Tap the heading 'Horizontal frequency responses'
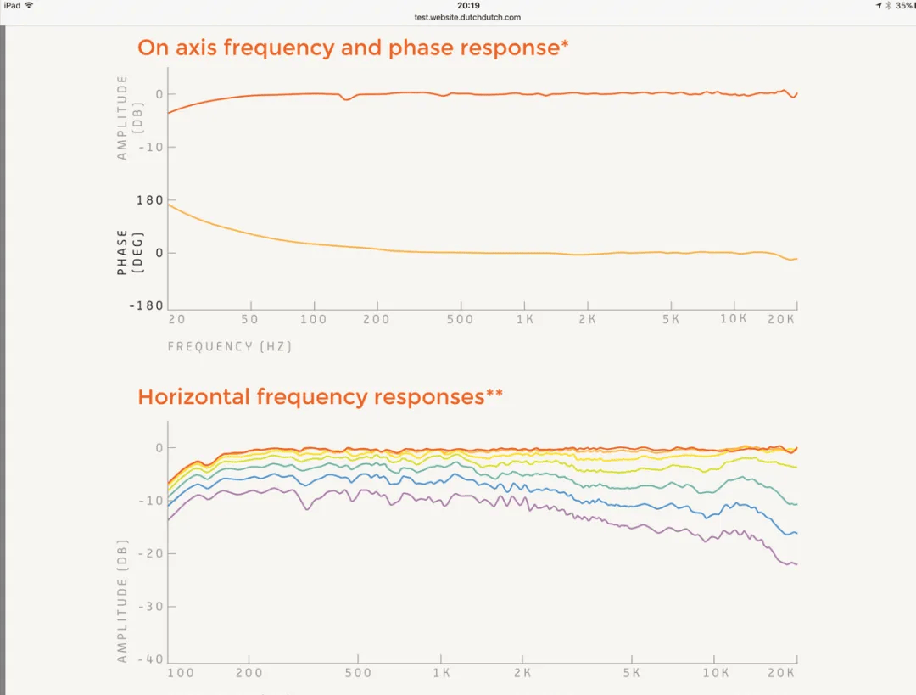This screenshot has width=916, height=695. click(310, 397)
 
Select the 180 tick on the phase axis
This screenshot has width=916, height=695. click(150, 200)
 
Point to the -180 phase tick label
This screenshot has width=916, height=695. click(147, 305)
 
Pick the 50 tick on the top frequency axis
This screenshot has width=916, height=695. click(250, 320)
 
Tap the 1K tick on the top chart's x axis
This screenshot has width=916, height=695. click(524, 320)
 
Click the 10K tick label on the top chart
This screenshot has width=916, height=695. click(734, 320)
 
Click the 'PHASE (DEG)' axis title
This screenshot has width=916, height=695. click(128, 252)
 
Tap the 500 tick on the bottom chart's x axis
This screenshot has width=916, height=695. click(359, 673)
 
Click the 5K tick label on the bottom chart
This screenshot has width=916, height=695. click(631, 673)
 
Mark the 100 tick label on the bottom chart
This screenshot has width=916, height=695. click(181, 673)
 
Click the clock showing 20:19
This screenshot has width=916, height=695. click(468, 6)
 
